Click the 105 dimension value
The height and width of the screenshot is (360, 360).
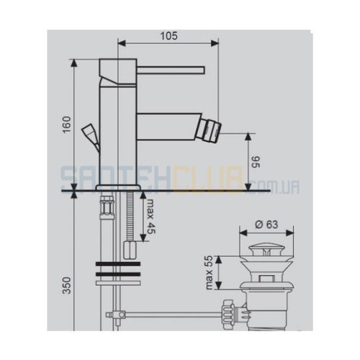click(169, 36)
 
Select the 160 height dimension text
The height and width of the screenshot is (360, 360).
click(66, 125)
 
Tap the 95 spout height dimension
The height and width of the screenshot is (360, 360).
click(256, 162)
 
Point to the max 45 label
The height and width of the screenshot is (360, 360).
click(151, 217)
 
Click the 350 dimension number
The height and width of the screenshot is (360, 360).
click(67, 285)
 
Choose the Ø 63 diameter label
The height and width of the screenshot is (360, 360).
click(266, 225)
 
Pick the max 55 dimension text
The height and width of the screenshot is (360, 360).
click(209, 272)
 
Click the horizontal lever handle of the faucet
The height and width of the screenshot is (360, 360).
click(171, 69)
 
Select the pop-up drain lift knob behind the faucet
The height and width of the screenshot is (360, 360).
click(91, 137)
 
